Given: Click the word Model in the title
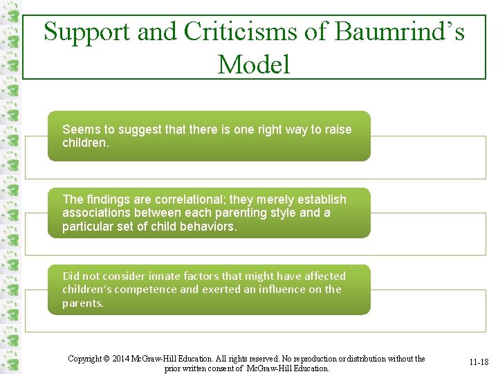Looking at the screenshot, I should click(x=253, y=64).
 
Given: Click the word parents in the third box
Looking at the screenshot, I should click(x=83, y=303).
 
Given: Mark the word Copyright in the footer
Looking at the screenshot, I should click(x=86, y=359).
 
